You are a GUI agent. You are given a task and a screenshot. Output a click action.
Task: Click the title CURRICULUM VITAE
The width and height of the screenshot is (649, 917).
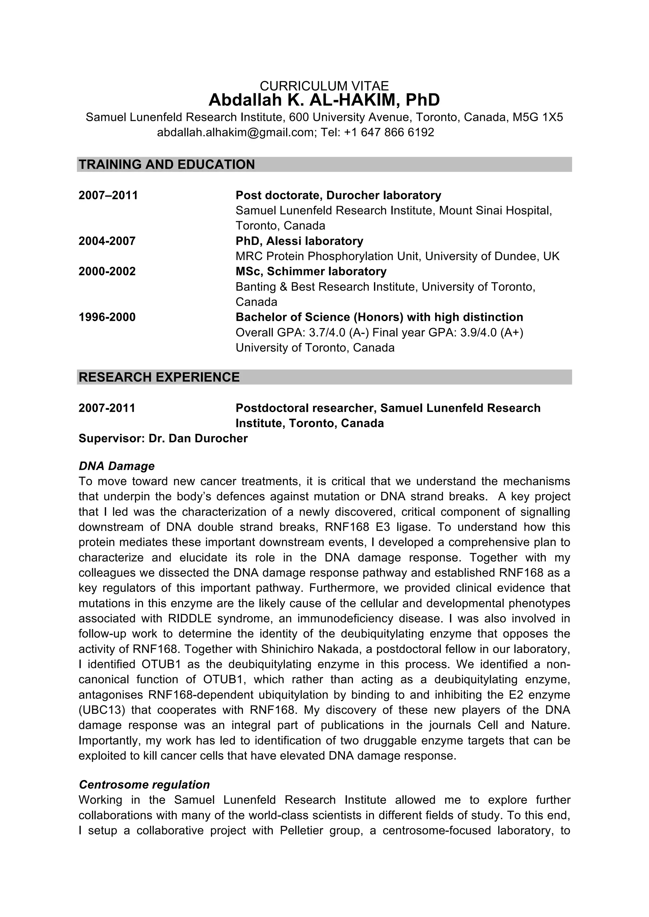click(x=324, y=86)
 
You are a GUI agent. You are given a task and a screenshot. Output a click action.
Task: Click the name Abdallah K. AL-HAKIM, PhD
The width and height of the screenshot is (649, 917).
click(x=324, y=100)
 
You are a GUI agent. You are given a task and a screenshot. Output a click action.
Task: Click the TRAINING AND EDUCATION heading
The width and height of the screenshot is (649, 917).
click(x=167, y=165)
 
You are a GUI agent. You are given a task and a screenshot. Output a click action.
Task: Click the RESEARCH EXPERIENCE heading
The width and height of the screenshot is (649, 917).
click(x=159, y=377)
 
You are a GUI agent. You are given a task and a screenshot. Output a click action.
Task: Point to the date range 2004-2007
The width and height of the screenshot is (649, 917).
click(x=107, y=241)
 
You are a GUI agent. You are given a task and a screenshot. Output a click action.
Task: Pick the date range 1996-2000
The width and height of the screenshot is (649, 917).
click(x=107, y=317)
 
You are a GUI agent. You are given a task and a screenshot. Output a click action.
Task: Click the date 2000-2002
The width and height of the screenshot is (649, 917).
click(x=107, y=271)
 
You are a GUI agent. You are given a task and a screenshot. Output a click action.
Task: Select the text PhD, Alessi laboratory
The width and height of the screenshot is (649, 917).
click(x=299, y=241)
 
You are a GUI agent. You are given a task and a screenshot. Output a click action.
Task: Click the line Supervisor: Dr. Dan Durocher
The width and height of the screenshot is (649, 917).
click(x=163, y=439)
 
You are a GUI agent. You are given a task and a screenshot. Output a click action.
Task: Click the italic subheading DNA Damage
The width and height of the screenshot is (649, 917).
click(x=116, y=466)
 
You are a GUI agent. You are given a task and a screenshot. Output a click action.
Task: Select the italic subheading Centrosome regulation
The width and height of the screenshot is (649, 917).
click(x=145, y=785)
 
